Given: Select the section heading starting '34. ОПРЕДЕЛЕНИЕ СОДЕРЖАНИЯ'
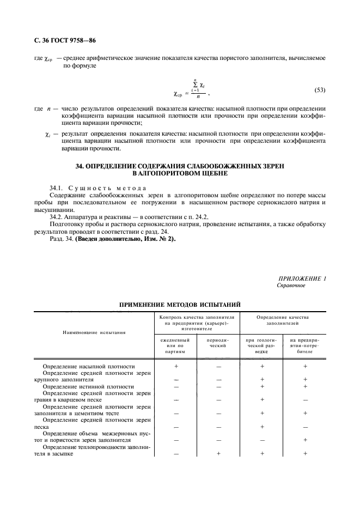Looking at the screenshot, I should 180,169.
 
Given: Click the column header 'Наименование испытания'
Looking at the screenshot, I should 94,331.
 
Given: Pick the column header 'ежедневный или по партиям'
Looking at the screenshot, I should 176,345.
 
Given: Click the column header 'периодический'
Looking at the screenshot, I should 218,342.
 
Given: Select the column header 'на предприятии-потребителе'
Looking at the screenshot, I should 305,345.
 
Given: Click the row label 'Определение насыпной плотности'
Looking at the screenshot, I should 89,367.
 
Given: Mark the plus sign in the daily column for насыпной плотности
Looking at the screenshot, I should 176,367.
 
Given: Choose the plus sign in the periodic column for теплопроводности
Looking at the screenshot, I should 218,453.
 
